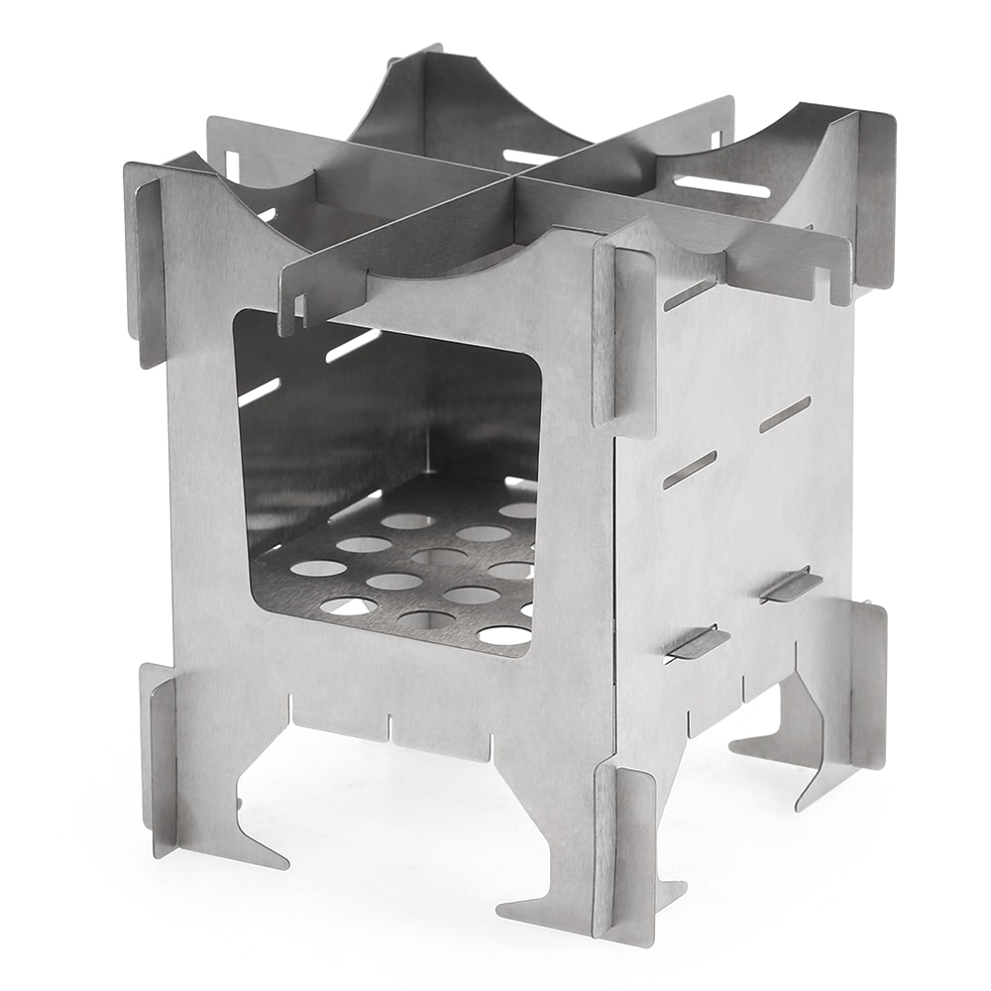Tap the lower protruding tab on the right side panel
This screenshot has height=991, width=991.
[697, 644]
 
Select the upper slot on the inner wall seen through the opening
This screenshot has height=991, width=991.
[352, 347]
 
